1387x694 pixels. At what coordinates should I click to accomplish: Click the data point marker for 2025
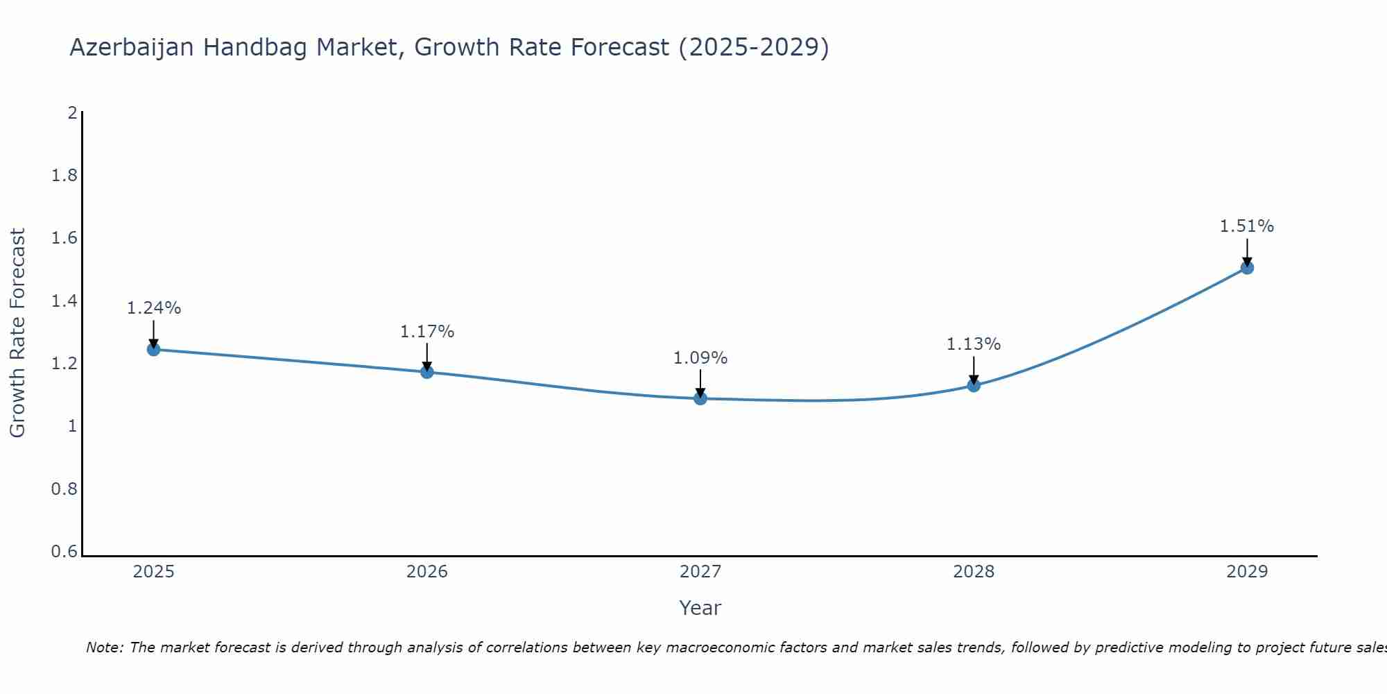click(x=154, y=349)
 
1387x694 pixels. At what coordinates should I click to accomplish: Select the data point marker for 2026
click(x=427, y=372)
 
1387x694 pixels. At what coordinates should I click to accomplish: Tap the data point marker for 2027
click(x=700, y=398)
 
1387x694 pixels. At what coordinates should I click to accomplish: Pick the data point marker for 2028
click(x=974, y=385)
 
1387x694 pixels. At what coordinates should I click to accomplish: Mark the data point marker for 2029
click(x=1247, y=267)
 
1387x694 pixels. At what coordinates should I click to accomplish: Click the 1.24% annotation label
click(x=154, y=308)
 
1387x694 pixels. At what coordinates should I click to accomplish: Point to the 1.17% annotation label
click(x=427, y=332)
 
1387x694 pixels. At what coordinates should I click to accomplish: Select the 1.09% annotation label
click(x=700, y=358)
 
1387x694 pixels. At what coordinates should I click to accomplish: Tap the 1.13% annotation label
click(x=974, y=344)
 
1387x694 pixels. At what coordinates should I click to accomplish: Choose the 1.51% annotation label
click(x=1247, y=226)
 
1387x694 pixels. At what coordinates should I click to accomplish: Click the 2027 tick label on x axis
click(x=700, y=572)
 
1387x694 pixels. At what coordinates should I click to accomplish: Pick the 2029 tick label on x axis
click(x=1247, y=572)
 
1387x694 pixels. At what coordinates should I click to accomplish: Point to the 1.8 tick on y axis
click(x=64, y=176)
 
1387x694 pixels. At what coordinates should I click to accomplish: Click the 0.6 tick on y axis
click(x=64, y=552)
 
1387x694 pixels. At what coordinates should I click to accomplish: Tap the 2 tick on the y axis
click(x=72, y=112)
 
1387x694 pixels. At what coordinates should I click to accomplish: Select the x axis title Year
click(x=700, y=608)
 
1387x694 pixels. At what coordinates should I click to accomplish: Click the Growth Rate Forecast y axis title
click(x=17, y=333)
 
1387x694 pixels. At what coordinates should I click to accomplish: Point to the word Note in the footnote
click(x=104, y=648)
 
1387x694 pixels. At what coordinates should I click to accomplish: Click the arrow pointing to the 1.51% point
click(x=1247, y=252)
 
